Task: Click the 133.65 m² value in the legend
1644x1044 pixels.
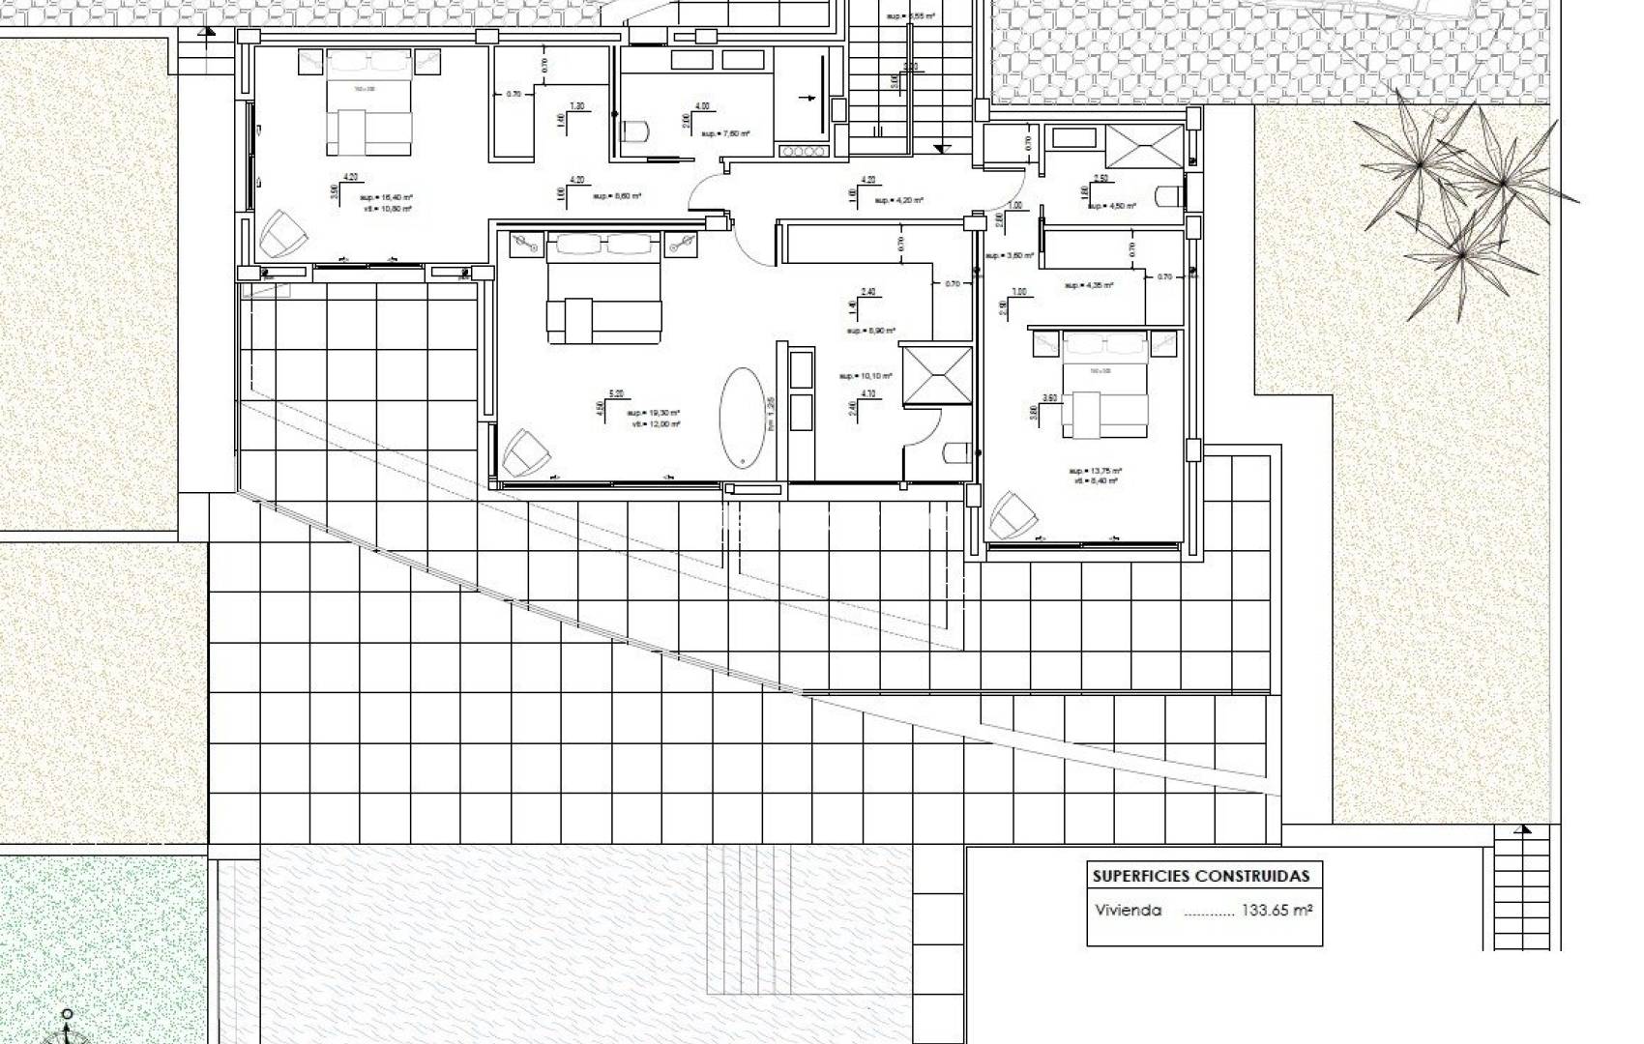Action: pyautogui.click(x=1277, y=911)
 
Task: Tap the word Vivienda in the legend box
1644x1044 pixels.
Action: pyautogui.click(x=1129, y=911)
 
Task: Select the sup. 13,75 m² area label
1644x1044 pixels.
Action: pyautogui.click(x=1095, y=471)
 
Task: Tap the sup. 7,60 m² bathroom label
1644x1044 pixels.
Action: pyautogui.click(x=725, y=133)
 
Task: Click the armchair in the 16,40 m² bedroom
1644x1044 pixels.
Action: pyautogui.click(x=280, y=233)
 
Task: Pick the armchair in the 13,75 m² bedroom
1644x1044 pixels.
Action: pyautogui.click(x=1013, y=513)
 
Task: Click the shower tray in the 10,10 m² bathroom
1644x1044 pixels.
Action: pyautogui.click(x=935, y=373)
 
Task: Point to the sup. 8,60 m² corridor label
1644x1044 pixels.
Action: pyautogui.click(x=617, y=196)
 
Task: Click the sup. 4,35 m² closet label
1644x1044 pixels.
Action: pyautogui.click(x=1089, y=285)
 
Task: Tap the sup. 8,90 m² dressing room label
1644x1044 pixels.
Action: pyautogui.click(x=868, y=331)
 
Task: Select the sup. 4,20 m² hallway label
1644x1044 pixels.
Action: pyautogui.click(x=898, y=200)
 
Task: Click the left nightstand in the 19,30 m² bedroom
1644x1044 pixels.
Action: pyautogui.click(x=527, y=244)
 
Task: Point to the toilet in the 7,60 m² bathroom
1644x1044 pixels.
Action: pyautogui.click(x=634, y=130)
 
